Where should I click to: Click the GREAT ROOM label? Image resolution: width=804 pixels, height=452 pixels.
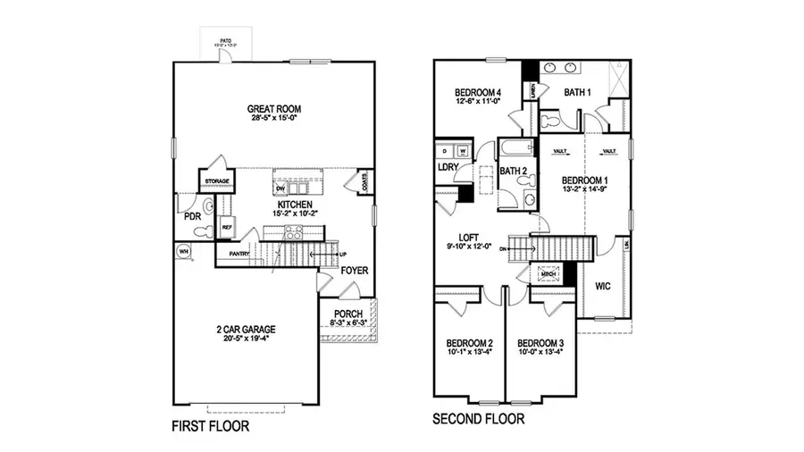tap(272, 110)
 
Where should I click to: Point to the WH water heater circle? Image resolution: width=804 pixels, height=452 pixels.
tap(185, 252)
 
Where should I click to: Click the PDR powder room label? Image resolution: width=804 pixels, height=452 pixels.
tap(191, 216)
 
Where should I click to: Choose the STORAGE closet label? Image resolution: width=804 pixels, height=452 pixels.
tap(217, 181)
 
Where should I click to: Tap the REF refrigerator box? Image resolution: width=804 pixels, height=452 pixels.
tap(226, 227)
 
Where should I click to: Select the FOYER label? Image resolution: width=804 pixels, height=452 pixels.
tap(354, 270)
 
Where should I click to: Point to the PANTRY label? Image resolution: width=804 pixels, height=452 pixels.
tap(239, 255)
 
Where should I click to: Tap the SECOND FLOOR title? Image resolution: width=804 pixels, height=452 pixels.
tap(478, 418)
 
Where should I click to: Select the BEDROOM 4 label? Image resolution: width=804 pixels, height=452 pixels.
tap(477, 92)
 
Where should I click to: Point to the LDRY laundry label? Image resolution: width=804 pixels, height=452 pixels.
tap(448, 167)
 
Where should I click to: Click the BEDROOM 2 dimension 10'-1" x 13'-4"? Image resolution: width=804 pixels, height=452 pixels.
tap(469, 351)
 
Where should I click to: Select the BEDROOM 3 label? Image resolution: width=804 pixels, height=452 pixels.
tap(540, 343)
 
